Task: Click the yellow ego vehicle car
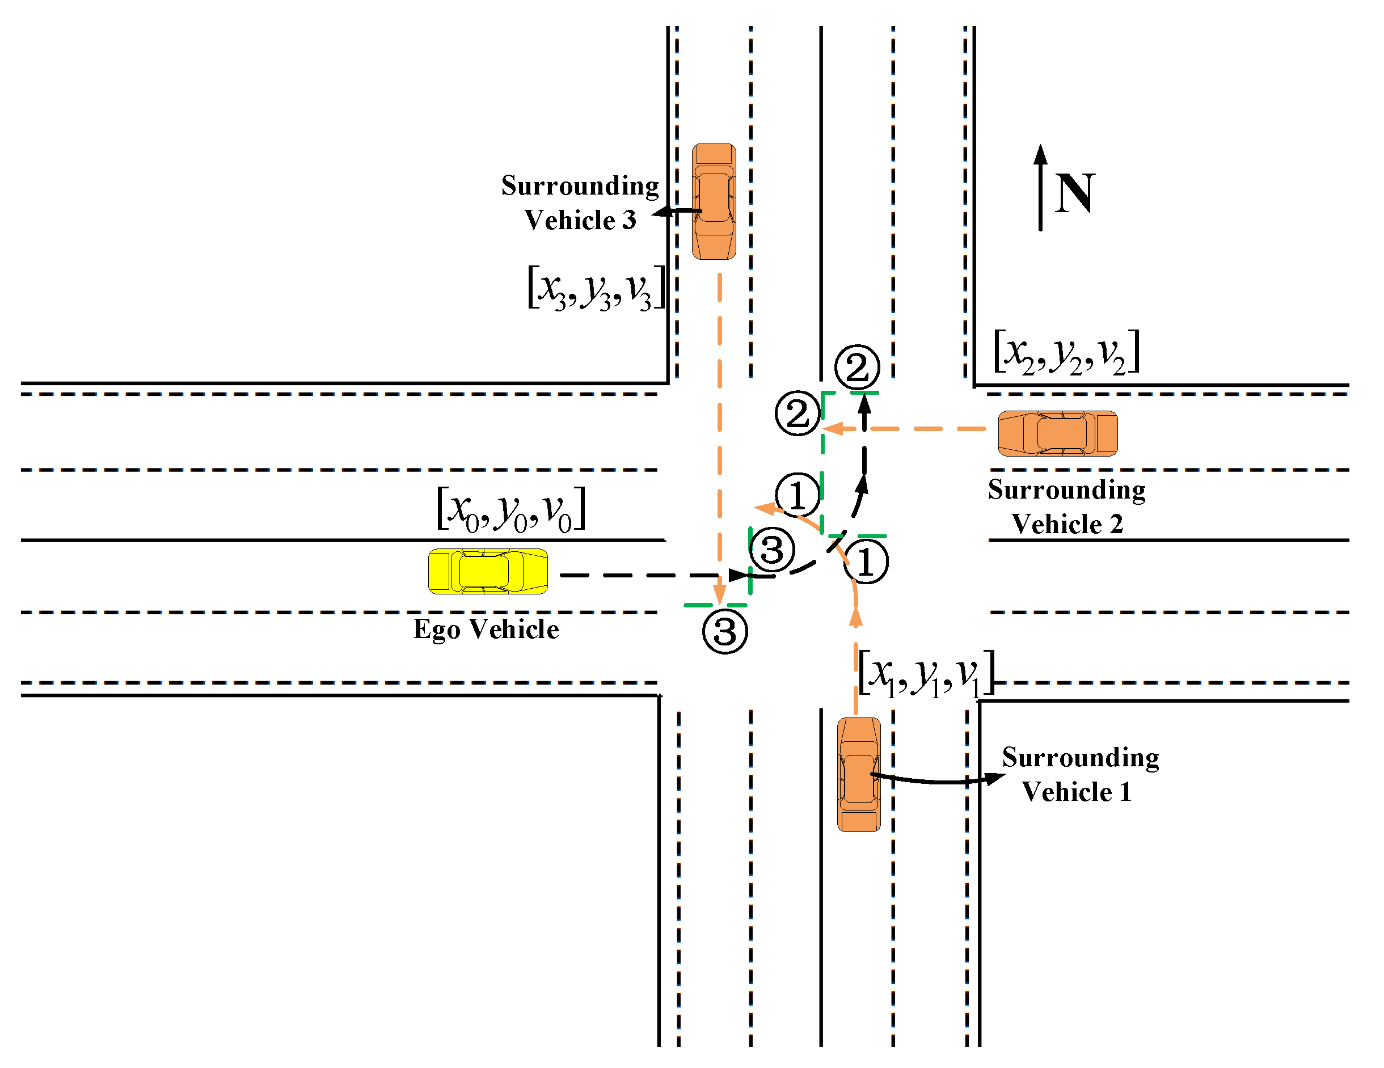(x=488, y=572)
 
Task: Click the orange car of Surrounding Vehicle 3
(x=714, y=201)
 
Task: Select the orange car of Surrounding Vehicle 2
(x=1058, y=433)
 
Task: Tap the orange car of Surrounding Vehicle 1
(x=859, y=775)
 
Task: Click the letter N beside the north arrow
(x=1075, y=193)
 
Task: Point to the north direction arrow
(x=1040, y=188)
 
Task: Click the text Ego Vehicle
(x=486, y=630)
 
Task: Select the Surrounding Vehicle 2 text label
(x=1067, y=506)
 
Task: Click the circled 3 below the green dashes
(x=725, y=631)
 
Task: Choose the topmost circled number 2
(x=856, y=367)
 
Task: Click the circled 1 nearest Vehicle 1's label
(x=866, y=562)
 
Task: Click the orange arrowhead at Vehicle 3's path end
(x=719, y=594)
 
